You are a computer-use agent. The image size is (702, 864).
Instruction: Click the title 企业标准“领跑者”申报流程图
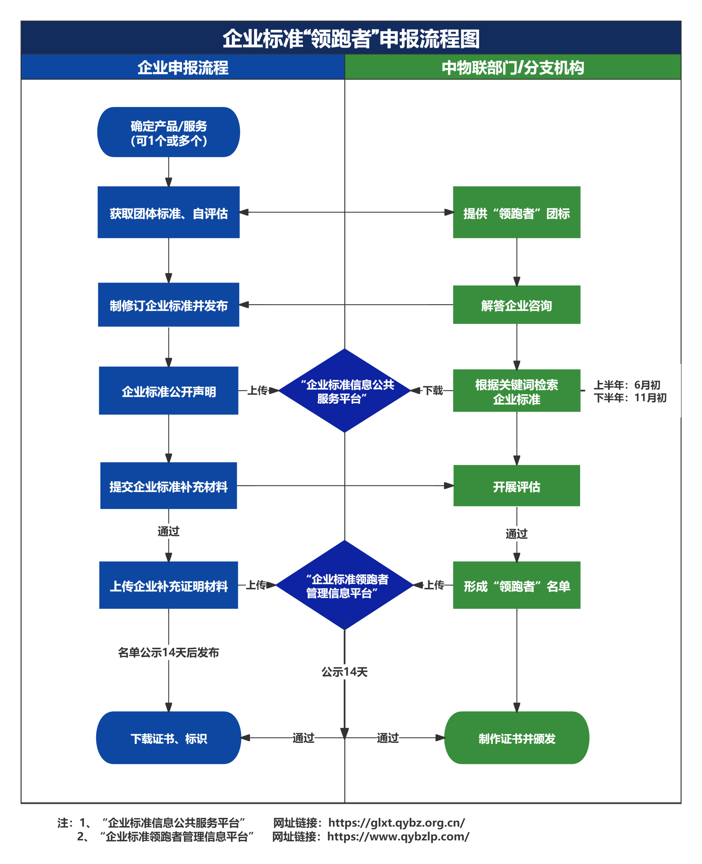pyautogui.click(x=351, y=39)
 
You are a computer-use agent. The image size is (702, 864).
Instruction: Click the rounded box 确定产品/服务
pyautogui.click(x=169, y=132)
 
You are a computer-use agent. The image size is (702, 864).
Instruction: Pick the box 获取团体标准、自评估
pyautogui.click(x=169, y=212)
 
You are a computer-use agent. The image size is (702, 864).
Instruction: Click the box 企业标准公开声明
pyautogui.click(x=169, y=391)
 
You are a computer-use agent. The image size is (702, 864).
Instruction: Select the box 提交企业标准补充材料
pyautogui.click(x=169, y=486)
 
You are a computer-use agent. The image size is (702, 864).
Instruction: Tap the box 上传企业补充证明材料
pyautogui.click(x=169, y=585)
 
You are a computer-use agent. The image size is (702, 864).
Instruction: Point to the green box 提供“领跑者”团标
pyautogui.click(x=517, y=212)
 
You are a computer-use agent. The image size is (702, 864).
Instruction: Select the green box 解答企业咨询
pyautogui.click(x=517, y=305)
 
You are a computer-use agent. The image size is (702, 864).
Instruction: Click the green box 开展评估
pyautogui.click(x=517, y=486)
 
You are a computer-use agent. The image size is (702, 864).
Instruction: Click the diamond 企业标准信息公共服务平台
pyautogui.click(x=345, y=391)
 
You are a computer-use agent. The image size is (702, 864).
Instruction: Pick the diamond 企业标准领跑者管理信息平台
pyautogui.click(x=345, y=585)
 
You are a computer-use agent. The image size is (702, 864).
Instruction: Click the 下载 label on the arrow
pyautogui.click(x=433, y=391)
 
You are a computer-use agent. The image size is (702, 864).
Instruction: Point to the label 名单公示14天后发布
pyautogui.click(x=169, y=653)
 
